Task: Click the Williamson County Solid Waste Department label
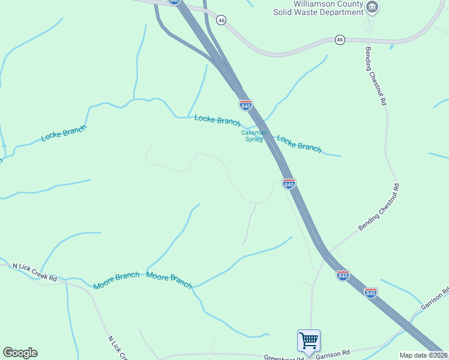(327, 8)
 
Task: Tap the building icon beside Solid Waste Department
(372, 7)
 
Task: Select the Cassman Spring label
(253, 136)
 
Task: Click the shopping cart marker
(309, 341)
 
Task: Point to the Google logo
(20, 353)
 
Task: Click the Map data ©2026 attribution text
(424, 355)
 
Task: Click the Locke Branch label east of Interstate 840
(299, 143)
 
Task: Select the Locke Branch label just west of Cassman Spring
(217, 120)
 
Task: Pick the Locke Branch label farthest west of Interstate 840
(64, 133)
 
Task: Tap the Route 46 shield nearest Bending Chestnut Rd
(340, 40)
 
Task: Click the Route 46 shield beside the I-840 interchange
(221, 20)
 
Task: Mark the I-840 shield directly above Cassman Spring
(246, 105)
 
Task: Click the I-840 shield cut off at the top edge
(175, 2)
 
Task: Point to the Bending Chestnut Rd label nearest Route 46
(375, 76)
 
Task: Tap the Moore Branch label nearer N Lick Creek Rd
(116, 281)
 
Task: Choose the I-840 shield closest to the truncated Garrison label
(371, 292)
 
